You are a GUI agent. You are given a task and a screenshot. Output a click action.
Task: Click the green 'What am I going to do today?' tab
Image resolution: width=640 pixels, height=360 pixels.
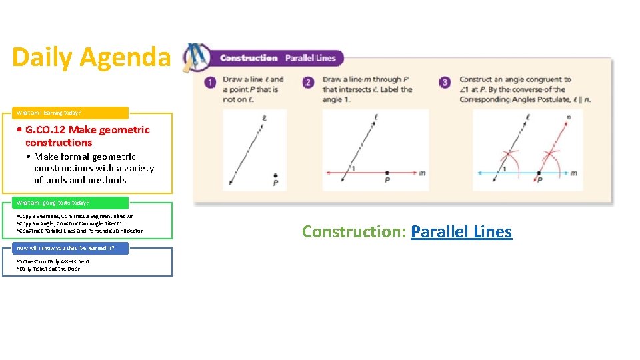[53, 202]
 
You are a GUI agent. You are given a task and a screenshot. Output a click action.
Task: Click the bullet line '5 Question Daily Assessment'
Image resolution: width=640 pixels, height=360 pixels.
[53, 261]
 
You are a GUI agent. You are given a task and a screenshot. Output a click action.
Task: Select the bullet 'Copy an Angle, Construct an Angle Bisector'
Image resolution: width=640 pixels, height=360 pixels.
[71, 223]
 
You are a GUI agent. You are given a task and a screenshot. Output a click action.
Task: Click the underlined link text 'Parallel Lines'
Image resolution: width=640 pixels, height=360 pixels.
[461, 231]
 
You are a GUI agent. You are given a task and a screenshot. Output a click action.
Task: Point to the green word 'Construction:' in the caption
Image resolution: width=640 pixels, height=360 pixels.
[354, 231]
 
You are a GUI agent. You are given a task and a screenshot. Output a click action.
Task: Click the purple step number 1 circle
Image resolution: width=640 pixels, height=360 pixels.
[211, 83]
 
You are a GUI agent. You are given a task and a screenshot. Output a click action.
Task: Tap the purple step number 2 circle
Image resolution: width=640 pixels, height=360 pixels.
[308, 83]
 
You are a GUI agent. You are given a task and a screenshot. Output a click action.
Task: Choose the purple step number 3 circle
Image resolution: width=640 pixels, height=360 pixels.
[445, 83]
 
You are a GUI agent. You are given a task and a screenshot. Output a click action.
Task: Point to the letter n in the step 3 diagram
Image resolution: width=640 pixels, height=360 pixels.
[568, 119]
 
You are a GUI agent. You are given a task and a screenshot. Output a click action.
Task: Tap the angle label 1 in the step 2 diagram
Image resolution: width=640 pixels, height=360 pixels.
[353, 169]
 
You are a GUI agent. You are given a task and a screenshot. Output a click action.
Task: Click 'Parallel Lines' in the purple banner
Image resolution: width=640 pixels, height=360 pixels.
[310, 58]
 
